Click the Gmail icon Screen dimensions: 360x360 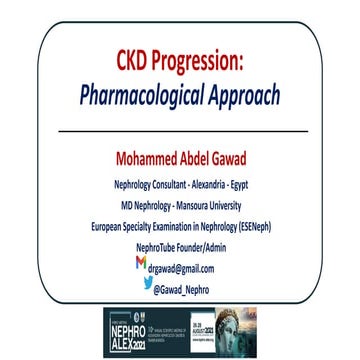pyautogui.click(x=140, y=263)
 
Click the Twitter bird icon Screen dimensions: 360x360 pyautogui.click(x=147, y=283)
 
